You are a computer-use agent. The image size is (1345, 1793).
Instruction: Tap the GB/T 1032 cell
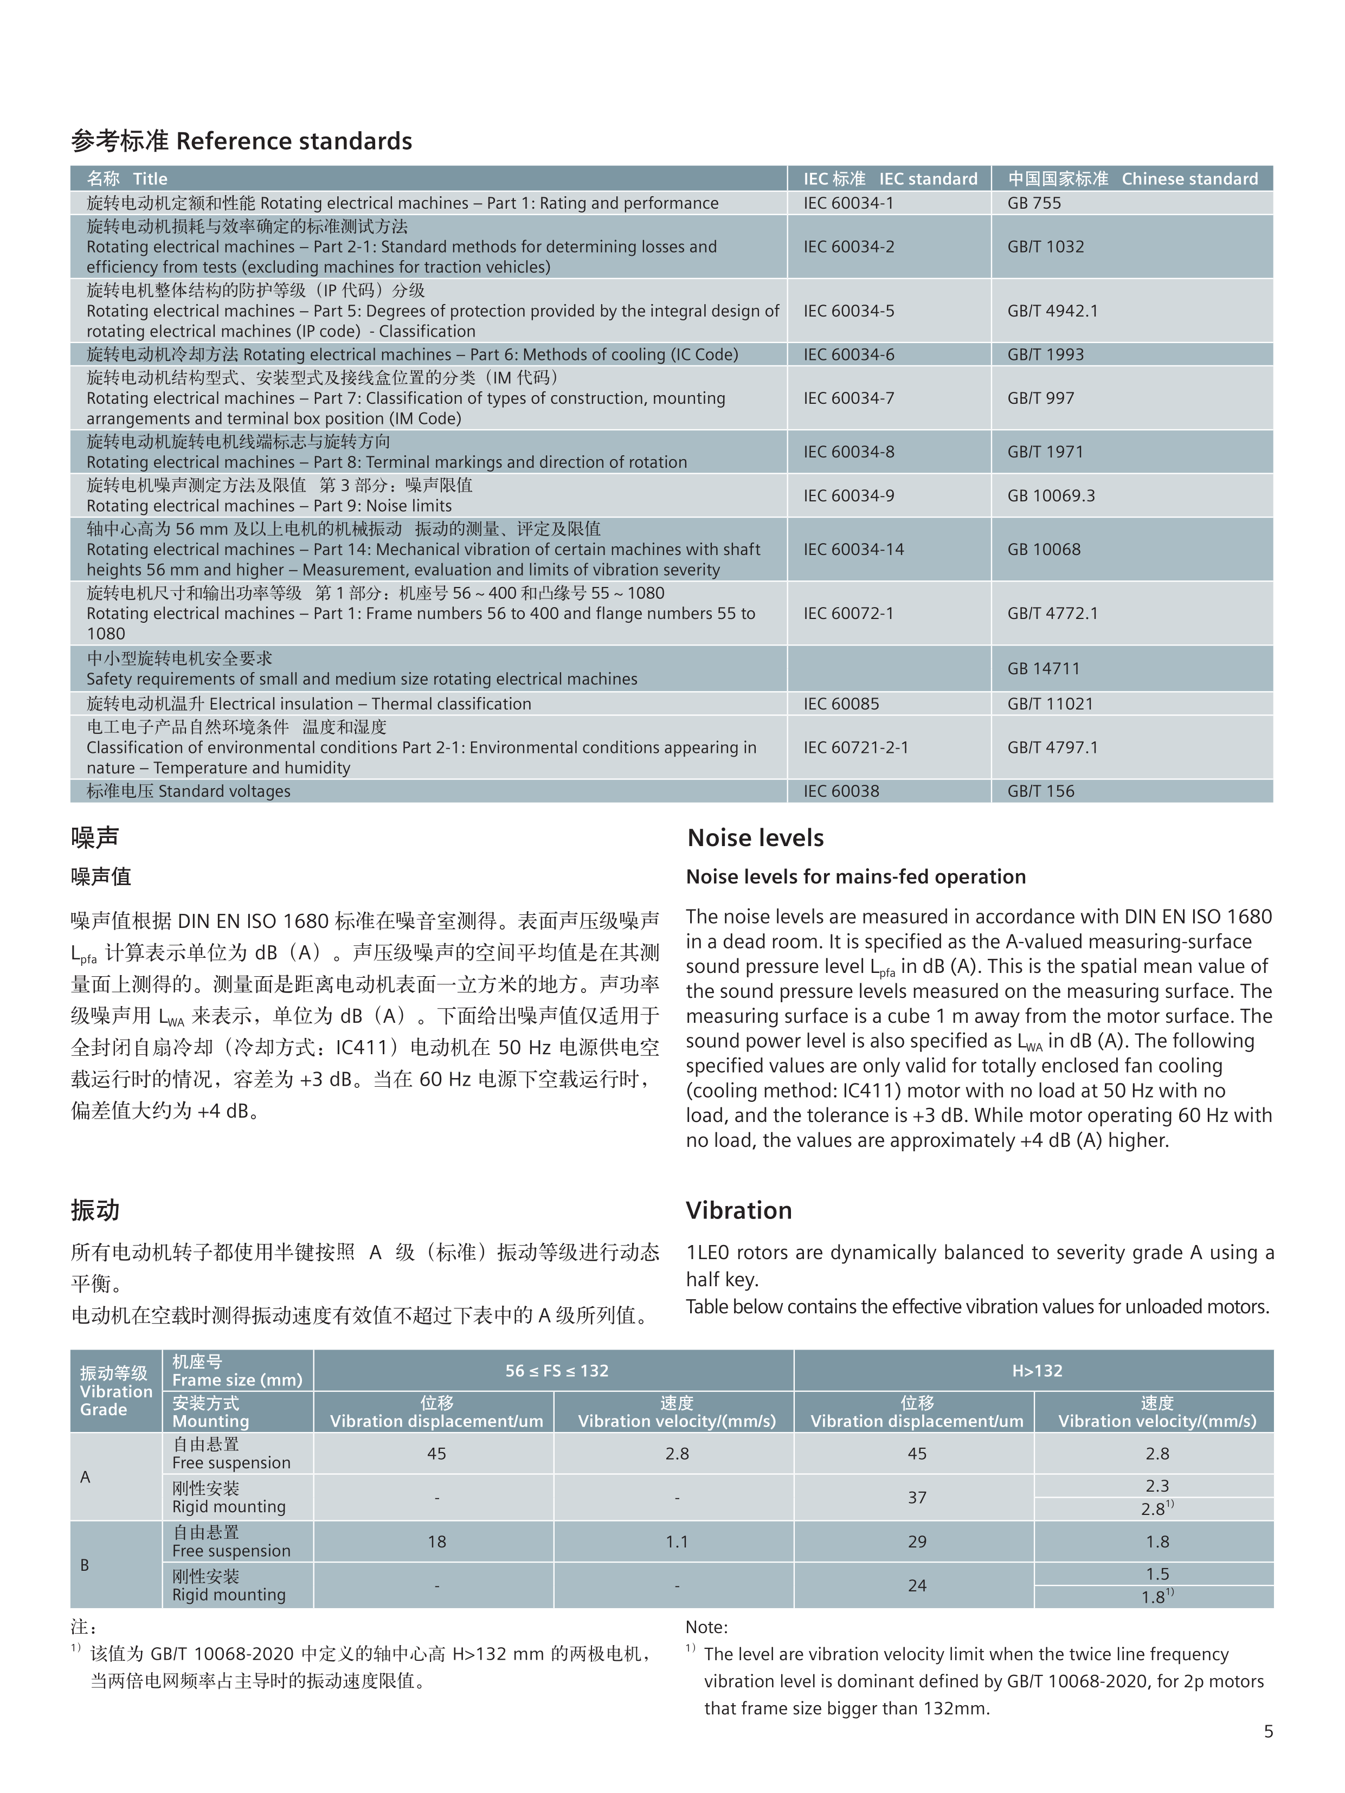[1045, 247]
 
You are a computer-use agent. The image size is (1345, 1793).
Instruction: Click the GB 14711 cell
[1044, 669]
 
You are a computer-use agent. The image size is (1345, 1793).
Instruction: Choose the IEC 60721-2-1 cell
[855, 747]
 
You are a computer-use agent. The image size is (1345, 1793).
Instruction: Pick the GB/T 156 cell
[1040, 791]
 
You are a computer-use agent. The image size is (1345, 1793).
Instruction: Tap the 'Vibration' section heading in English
[738, 1211]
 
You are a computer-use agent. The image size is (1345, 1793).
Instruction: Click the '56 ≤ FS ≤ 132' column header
[556, 1371]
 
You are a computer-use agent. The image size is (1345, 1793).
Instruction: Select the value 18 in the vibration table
[436, 1542]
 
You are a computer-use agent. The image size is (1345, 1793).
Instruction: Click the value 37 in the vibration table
[916, 1498]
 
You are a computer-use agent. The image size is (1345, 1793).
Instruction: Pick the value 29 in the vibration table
[916, 1542]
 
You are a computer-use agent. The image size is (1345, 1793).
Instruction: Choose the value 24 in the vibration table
[916, 1585]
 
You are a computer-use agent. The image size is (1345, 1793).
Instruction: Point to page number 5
[1268, 1731]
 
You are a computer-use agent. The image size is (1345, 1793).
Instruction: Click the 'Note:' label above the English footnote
[706, 1627]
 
